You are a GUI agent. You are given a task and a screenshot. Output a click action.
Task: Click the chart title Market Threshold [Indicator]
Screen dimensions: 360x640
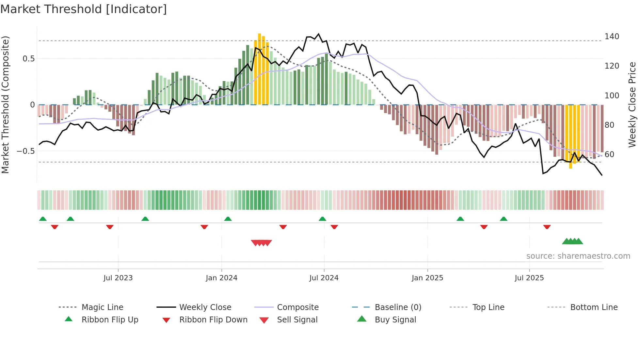pos(84,9)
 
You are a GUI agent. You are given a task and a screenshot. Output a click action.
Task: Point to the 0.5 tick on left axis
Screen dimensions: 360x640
pos(28,59)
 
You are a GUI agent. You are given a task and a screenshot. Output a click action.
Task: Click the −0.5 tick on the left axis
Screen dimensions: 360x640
pos(25,151)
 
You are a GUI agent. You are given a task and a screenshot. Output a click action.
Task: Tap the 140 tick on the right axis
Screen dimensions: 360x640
pos(612,37)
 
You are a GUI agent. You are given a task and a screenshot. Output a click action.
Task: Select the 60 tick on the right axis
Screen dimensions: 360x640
pos(609,154)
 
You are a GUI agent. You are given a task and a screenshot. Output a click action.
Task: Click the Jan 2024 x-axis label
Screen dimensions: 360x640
pos(221,278)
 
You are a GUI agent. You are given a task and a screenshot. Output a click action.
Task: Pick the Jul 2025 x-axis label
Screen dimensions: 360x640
pos(529,278)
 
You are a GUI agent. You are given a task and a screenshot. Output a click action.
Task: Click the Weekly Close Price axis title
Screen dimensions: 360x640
pos(632,105)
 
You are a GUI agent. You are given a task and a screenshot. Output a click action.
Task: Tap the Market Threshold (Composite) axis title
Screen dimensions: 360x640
pos(5,105)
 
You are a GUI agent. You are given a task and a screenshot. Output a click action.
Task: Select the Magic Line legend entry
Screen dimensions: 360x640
pos(102,307)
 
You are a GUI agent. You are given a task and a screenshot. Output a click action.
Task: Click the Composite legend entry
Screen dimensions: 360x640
pos(297,307)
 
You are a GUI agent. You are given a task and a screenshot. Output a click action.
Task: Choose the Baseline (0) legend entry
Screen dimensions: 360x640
pos(398,307)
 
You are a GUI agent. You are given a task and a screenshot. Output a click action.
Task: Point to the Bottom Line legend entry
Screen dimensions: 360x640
pos(594,307)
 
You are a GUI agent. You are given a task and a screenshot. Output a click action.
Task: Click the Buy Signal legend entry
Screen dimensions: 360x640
pos(395,320)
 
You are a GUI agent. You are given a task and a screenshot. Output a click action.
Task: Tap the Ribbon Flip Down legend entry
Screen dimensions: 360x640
pos(213,320)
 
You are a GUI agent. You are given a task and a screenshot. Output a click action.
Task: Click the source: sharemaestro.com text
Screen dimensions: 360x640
pos(578,256)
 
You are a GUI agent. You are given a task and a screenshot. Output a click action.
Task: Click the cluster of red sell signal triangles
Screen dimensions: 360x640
pos(261,243)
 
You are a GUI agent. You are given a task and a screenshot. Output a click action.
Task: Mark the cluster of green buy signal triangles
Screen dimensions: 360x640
pos(572,241)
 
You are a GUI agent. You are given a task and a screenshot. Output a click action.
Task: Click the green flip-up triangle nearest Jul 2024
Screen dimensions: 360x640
pos(322,219)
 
